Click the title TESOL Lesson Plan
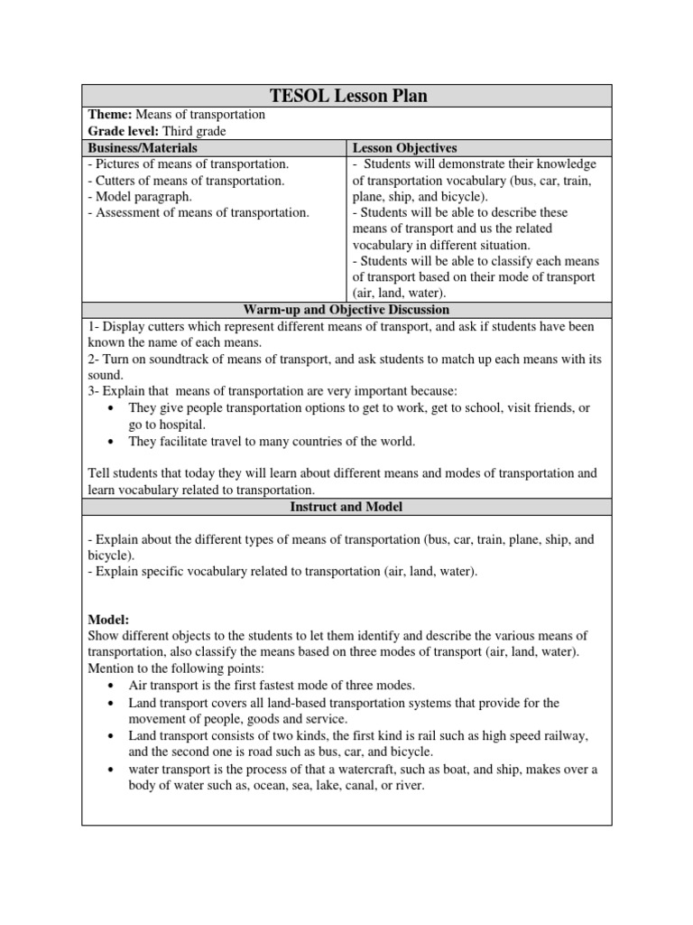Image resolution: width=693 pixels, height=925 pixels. pos(347,97)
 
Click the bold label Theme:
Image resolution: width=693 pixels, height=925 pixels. pos(110,115)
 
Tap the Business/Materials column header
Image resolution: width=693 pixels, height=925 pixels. pos(142,147)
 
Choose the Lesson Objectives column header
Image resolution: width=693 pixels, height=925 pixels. pos(404,147)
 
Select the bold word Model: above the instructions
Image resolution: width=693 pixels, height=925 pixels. pos(108,620)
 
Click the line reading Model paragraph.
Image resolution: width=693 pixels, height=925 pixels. pos(143,196)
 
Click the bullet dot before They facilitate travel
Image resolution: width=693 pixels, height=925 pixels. pos(110,442)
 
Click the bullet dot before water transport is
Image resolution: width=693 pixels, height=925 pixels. pos(110,769)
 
